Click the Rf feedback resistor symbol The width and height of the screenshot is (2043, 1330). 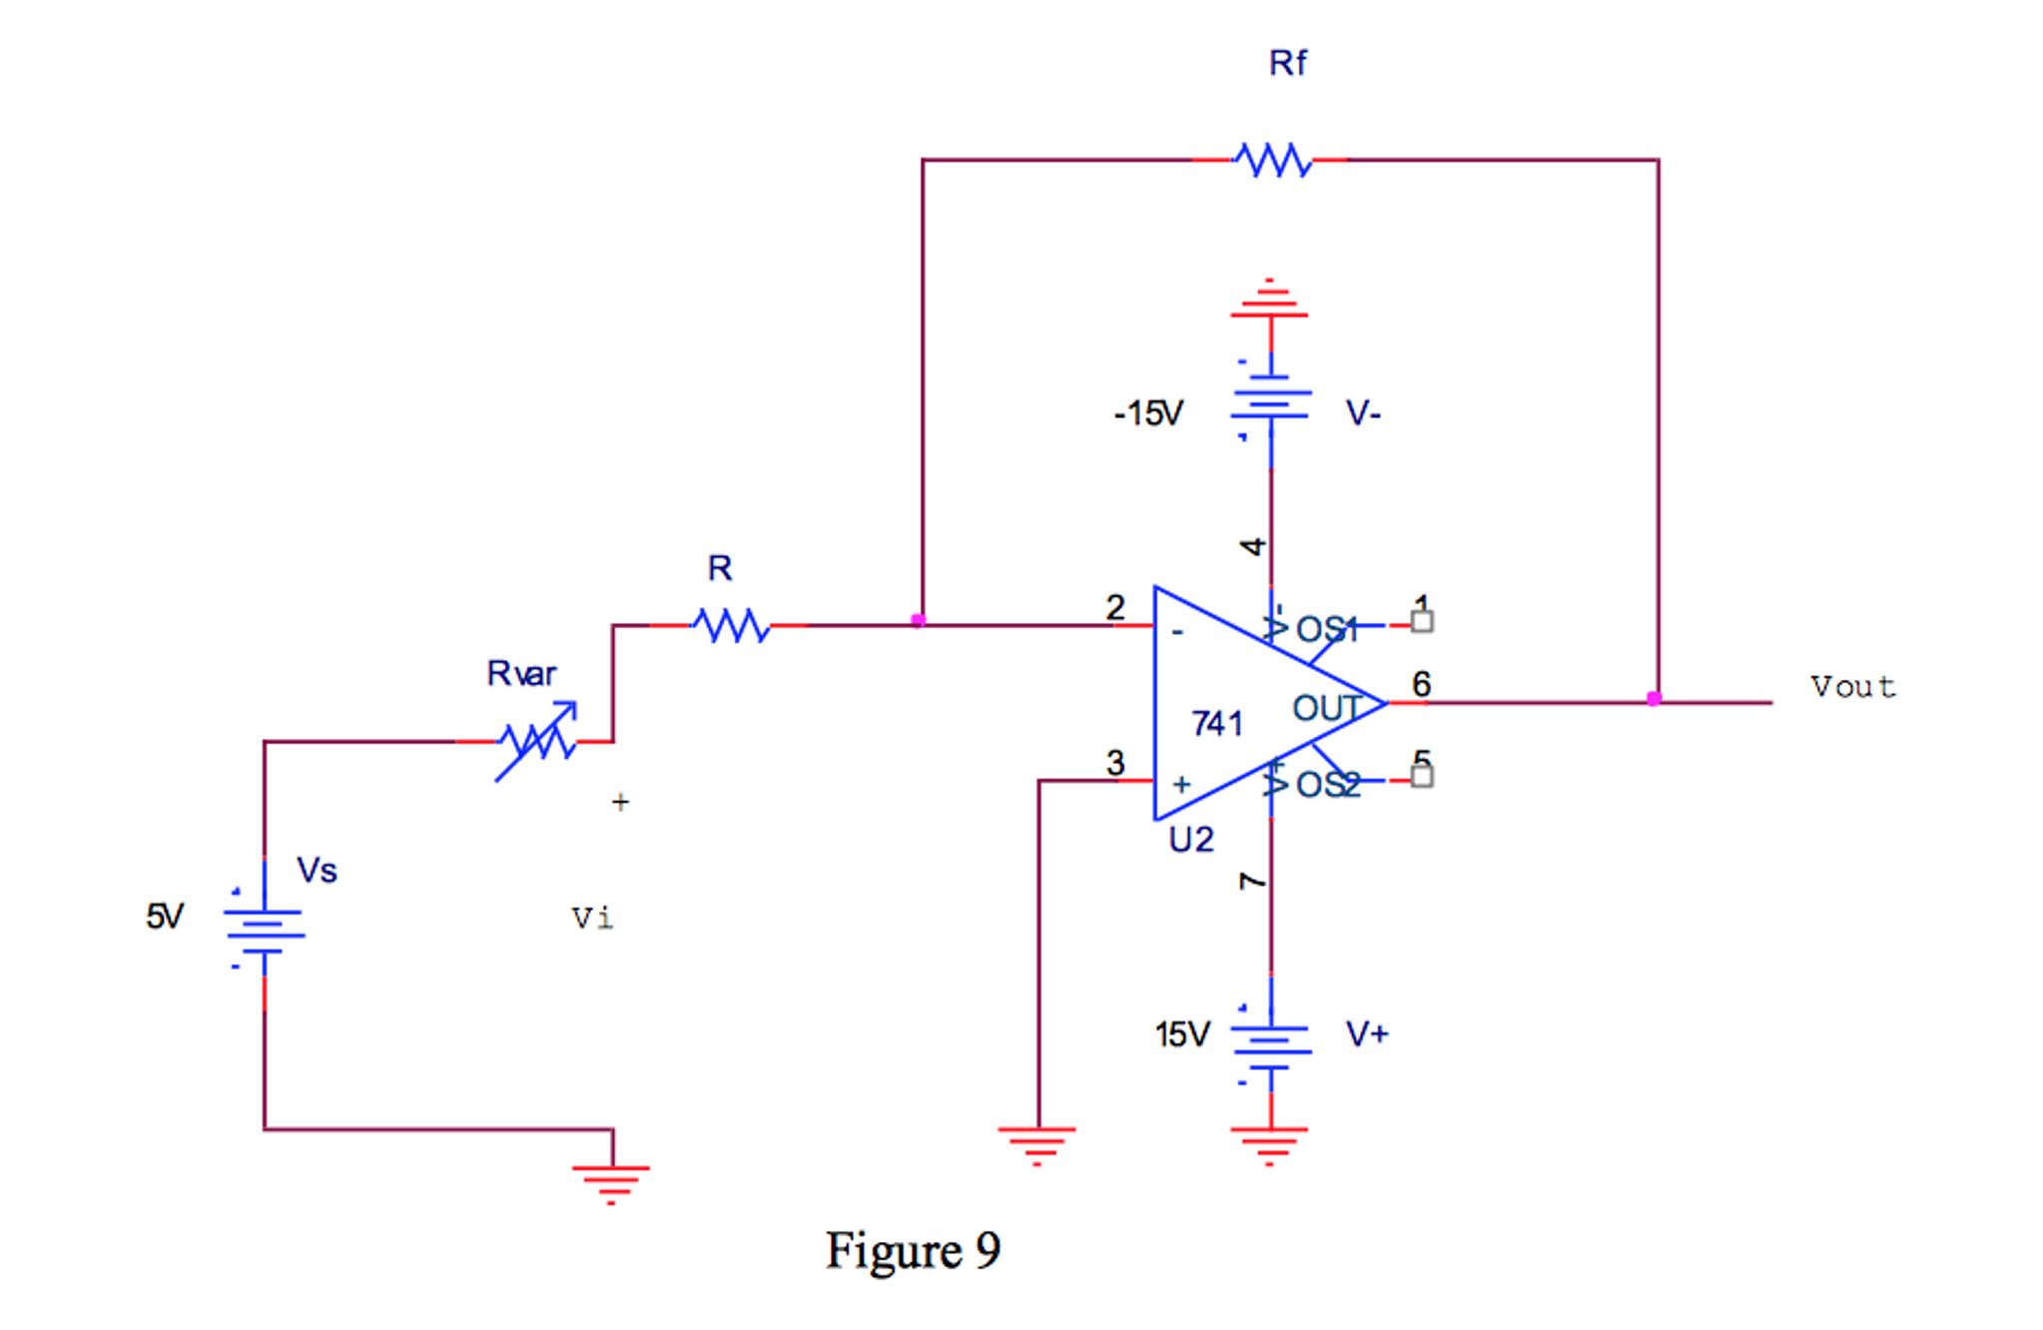[1271, 160]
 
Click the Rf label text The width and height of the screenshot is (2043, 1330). [1287, 64]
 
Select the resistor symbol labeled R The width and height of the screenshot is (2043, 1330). [732, 626]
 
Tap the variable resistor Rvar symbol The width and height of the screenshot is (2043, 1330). [537, 741]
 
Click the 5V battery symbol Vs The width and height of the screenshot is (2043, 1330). [264, 932]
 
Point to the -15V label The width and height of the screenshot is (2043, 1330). [1148, 413]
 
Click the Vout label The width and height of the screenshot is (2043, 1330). [1852, 687]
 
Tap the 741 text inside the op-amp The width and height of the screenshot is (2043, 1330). [1216, 723]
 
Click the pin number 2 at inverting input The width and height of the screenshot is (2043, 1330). [1115, 607]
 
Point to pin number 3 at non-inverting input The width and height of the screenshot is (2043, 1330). [1115, 763]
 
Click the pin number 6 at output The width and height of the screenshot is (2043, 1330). [1421, 684]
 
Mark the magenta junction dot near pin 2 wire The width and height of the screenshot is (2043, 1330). [918, 621]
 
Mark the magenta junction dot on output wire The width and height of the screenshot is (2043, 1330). [1654, 699]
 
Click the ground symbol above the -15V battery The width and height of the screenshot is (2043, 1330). [1269, 300]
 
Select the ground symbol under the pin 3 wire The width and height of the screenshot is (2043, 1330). [1037, 1144]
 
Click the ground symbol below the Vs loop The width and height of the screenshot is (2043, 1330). [611, 1182]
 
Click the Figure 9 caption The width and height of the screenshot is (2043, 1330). [913, 1250]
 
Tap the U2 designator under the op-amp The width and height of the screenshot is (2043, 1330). [1190, 840]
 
